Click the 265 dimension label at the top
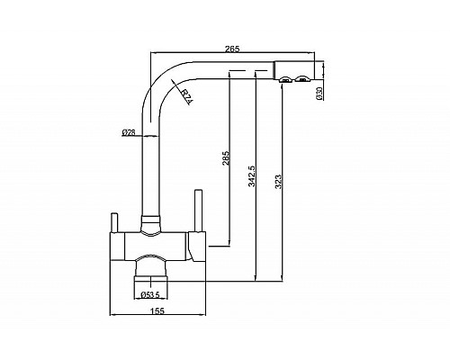pos(232,49)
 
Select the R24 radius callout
pos(186,96)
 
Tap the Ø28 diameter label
pos(129,132)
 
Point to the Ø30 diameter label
pos(319,93)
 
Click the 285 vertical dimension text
pos(226,157)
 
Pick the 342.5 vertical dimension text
pos(252,176)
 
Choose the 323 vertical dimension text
pos(278,182)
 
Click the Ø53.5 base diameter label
pos(150,295)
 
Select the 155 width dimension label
pos(157,310)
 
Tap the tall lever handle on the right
pos(198,211)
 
